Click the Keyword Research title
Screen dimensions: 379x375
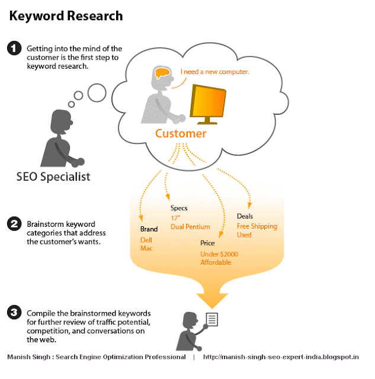[66, 16]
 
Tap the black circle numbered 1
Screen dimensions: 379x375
[14, 49]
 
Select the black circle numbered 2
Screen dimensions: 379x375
[14, 224]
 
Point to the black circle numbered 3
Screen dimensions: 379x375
[14, 313]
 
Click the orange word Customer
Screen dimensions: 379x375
[181, 134]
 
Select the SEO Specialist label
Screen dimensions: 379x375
[53, 176]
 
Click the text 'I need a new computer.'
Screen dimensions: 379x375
[214, 72]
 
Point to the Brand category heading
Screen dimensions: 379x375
[149, 229]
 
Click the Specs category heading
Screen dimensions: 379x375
[179, 208]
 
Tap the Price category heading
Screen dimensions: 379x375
[207, 243]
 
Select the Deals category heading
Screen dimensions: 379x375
[245, 217]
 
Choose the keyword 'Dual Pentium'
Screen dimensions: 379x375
[190, 227]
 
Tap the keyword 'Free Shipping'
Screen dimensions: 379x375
[257, 226]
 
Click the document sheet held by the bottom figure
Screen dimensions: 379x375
[212, 320]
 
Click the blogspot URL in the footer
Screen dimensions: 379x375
[281, 357]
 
